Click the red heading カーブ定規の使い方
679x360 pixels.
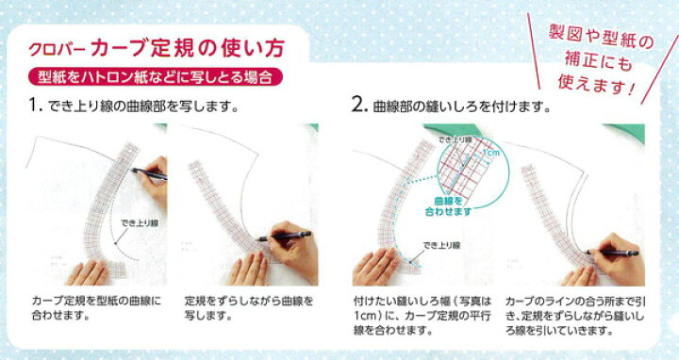click(x=187, y=48)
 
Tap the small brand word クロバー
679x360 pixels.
click(x=58, y=50)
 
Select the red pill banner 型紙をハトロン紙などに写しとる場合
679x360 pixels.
click(x=155, y=77)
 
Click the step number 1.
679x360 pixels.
click(x=35, y=106)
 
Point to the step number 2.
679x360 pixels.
click(x=359, y=106)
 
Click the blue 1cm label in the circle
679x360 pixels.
click(x=490, y=153)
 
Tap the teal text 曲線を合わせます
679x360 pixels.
click(x=448, y=206)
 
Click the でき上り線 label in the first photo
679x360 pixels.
click(x=140, y=223)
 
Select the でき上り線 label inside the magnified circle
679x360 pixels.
click(x=455, y=139)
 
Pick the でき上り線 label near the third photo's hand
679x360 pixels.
click(x=441, y=245)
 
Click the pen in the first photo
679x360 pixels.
click(x=149, y=173)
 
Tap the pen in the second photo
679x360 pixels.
click(x=284, y=237)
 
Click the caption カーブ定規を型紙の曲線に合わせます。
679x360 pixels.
click(x=96, y=307)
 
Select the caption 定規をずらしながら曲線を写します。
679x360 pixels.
click(x=249, y=307)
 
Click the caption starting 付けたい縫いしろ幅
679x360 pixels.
click(x=422, y=316)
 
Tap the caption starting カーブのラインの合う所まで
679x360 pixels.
click(x=575, y=316)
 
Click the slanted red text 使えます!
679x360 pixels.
click(x=596, y=85)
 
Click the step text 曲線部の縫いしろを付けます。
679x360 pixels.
click(x=461, y=106)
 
